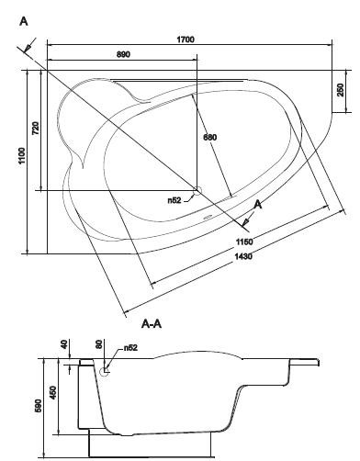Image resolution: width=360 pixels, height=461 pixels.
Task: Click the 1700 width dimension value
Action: tap(186, 39)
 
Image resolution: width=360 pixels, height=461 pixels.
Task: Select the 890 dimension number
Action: tap(123, 54)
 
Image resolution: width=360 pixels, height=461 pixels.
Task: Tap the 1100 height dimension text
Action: tap(22, 155)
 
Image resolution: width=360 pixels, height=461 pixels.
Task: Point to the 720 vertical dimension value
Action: tap(36, 128)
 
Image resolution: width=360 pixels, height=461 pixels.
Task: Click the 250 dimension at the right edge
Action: tap(341, 90)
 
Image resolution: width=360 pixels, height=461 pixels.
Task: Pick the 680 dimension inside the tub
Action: tap(210, 137)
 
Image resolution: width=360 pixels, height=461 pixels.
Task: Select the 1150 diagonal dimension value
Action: tap(244, 242)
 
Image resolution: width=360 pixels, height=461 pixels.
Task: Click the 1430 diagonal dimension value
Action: tap(243, 256)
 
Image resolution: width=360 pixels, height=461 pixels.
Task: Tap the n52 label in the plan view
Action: tap(174, 200)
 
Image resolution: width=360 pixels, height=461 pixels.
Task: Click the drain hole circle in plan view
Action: tap(197, 191)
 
